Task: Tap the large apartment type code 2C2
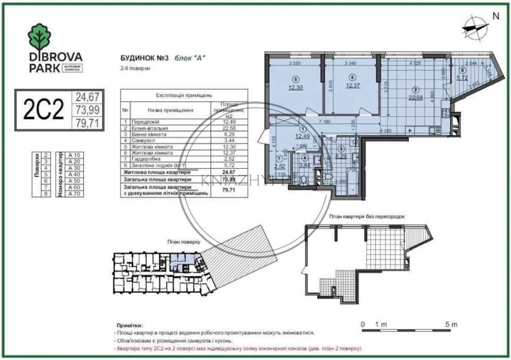(x=43, y=109)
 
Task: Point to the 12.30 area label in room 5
(x=295, y=87)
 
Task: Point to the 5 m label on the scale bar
(x=451, y=324)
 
